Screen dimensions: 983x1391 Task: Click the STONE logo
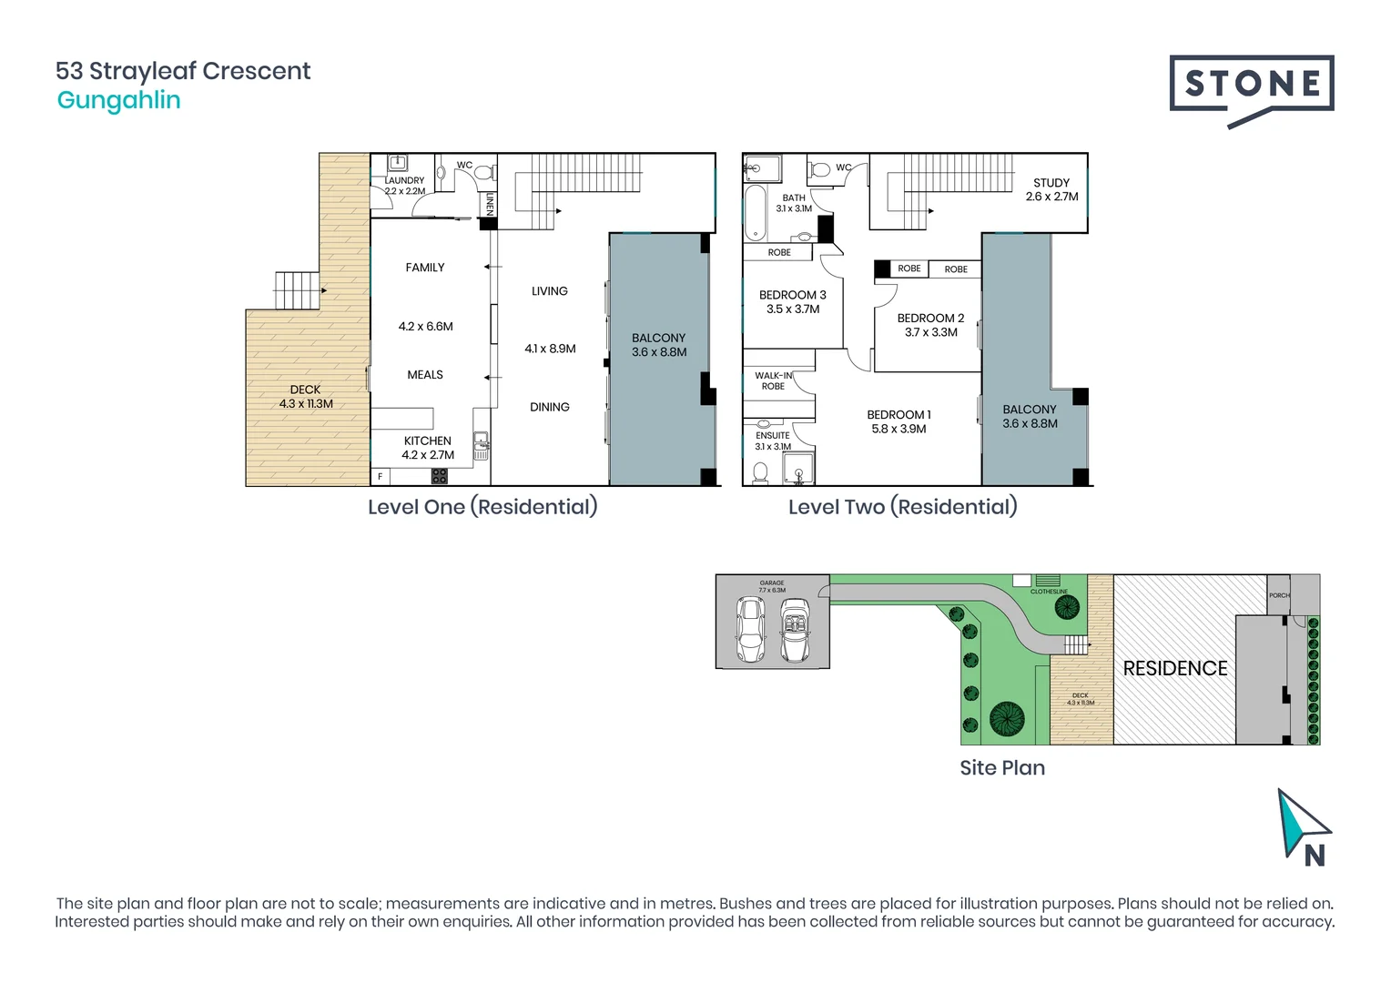click(1251, 86)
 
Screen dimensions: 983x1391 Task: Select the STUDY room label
click(1051, 183)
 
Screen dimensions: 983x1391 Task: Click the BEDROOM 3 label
click(792, 295)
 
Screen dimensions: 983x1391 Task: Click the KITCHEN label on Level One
click(427, 441)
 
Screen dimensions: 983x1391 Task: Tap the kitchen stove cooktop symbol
click(440, 475)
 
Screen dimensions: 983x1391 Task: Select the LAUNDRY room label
click(404, 180)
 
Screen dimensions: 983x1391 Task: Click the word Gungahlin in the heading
click(118, 100)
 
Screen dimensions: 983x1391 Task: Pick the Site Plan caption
click(1001, 767)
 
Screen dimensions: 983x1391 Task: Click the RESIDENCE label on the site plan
click(1174, 668)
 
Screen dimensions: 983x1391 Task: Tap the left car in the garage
click(750, 629)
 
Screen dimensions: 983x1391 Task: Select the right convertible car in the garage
click(795, 629)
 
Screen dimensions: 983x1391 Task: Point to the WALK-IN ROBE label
click(773, 380)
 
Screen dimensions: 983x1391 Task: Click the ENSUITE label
click(772, 435)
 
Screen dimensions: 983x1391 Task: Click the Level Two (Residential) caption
click(902, 507)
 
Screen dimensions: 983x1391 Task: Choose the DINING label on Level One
click(549, 407)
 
